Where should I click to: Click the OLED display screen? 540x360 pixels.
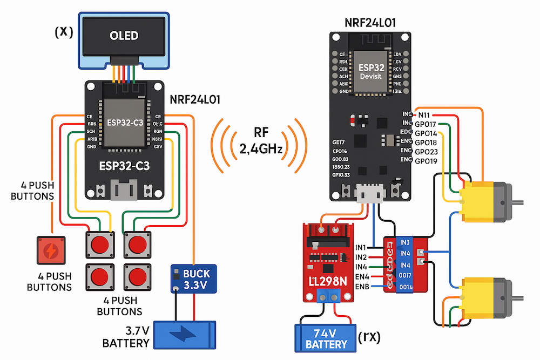click(124, 36)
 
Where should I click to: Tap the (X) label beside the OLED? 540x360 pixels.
click(64, 32)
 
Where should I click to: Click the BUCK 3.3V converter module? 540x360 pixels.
click(194, 278)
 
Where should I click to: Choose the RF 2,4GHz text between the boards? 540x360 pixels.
click(260, 141)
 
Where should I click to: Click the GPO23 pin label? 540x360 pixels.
click(427, 152)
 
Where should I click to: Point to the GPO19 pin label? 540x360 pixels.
click(427, 161)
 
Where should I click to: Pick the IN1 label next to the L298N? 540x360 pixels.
click(361, 247)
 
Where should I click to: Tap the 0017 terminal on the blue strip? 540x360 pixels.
click(405, 275)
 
